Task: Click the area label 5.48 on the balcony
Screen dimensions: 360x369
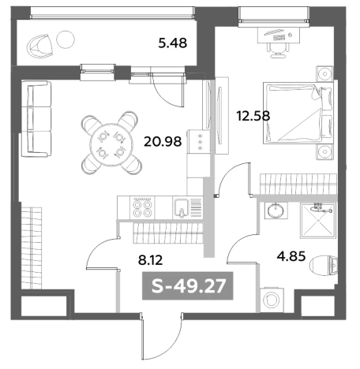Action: (173, 43)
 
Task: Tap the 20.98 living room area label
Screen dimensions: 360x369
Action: (163, 142)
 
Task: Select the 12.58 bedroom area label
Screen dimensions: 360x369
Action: (253, 116)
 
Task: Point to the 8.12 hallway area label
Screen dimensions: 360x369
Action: (151, 260)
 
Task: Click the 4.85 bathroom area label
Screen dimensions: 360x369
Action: (291, 256)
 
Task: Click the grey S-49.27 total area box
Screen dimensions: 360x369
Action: (188, 285)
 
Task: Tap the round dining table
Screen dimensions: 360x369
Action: (111, 144)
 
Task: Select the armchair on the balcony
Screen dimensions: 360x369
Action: (40, 47)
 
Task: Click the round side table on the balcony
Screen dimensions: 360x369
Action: (66, 39)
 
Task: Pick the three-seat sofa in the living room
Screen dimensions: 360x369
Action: (36, 119)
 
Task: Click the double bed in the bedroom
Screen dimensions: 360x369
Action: (298, 113)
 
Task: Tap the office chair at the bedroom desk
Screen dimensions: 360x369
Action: (279, 50)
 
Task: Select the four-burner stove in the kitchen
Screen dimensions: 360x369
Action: (142, 208)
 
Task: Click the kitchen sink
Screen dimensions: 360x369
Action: (182, 208)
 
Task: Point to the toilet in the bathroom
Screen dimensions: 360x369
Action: (324, 266)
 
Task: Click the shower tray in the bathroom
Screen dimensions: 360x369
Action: (318, 221)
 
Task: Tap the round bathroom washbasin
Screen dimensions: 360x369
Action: (276, 211)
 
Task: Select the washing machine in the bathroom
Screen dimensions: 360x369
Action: (272, 300)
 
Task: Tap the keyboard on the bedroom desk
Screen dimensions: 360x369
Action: (279, 38)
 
